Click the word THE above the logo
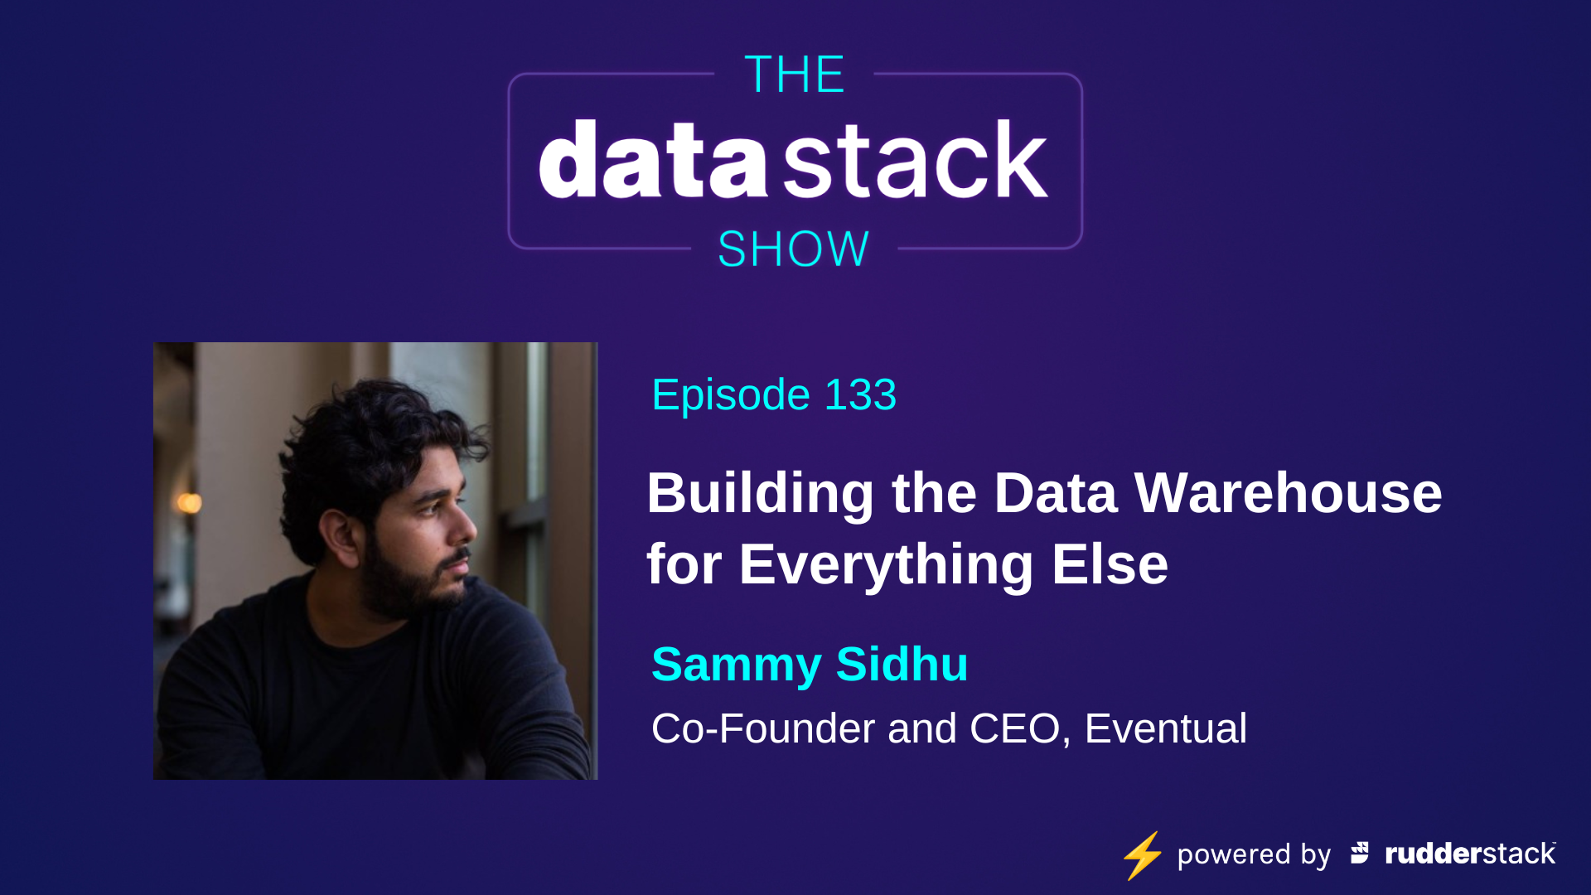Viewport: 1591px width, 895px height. pyautogui.click(x=794, y=75)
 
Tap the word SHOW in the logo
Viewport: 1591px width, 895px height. pyautogui.click(x=793, y=249)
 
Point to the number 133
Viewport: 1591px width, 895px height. pyautogui.click(x=860, y=394)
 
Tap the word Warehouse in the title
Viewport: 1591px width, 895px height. pyautogui.click(x=1288, y=493)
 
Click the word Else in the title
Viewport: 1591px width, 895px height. pyautogui.click(x=1110, y=564)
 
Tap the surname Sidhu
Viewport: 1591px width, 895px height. pyautogui.click(x=902, y=664)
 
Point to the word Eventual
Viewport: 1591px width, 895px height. pyautogui.click(x=1165, y=729)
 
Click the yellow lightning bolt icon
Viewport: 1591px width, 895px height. pyautogui.click(x=1143, y=854)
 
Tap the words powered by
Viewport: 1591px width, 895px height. pyautogui.click(x=1254, y=854)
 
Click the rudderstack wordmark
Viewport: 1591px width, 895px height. pyautogui.click(x=1470, y=854)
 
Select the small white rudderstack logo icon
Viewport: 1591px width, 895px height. pyautogui.click(x=1360, y=853)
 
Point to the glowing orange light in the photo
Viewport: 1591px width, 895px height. pyautogui.click(x=190, y=502)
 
